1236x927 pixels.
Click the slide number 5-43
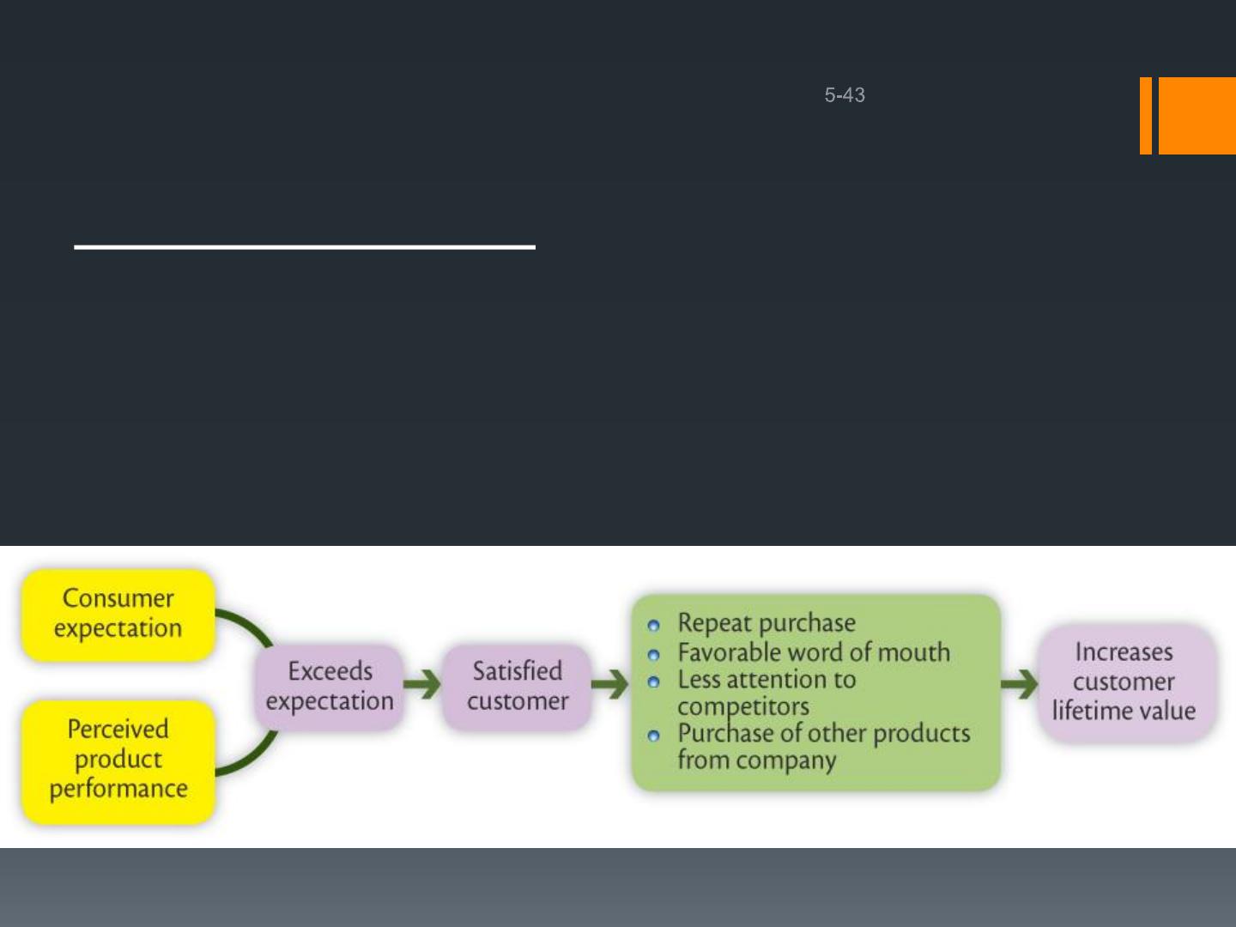click(x=844, y=94)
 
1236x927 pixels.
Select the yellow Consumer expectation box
click(x=118, y=615)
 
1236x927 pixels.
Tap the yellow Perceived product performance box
click(x=118, y=761)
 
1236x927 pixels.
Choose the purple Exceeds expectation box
click(x=330, y=687)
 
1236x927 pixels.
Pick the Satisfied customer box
click(x=517, y=687)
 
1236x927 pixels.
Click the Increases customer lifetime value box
click(x=1124, y=682)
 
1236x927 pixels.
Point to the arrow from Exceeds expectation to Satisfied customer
click(x=422, y=684)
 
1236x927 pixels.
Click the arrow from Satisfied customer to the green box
click(x=609, y=684)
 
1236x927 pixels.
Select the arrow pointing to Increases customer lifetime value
click(x=1019, y=684)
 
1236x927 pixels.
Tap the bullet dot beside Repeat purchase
click(x=653, y=626)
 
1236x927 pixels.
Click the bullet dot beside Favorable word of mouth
click(x=653, y=655)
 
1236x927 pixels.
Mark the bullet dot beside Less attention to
click(x=653, y=682)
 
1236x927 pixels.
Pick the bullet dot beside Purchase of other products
click(x=653, y=736)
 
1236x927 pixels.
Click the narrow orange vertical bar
click(x=1145, y=115)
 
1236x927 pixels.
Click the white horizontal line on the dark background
click(x=305, y=247)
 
